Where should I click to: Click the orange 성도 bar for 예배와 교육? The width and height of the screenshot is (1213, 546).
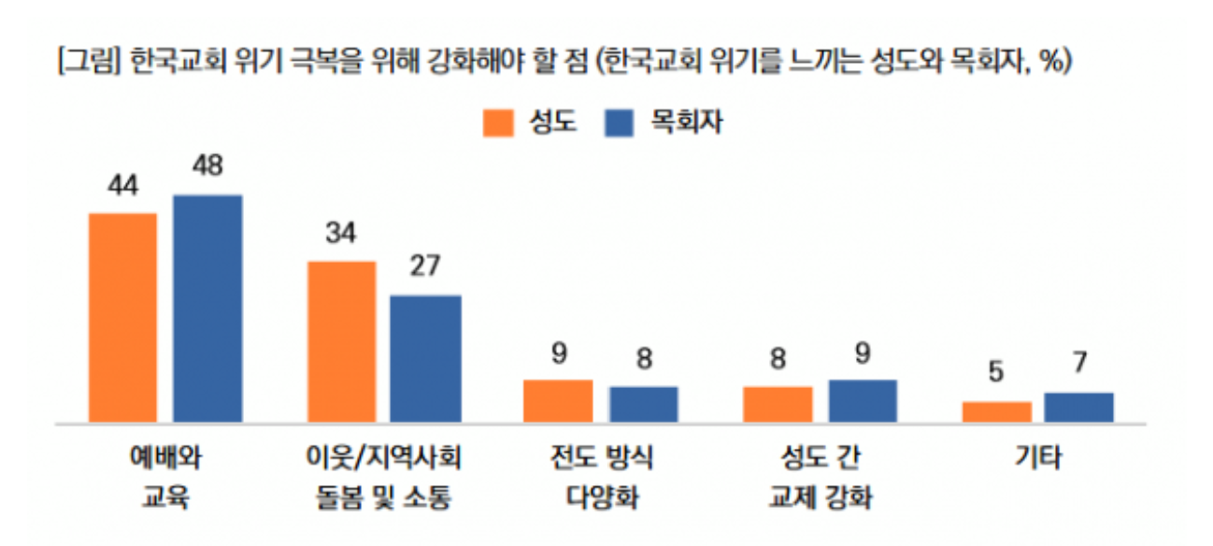122,318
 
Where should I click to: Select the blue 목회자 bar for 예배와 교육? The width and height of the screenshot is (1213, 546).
207,309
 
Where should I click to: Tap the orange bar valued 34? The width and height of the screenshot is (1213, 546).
342,342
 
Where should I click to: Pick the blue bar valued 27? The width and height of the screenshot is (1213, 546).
425,359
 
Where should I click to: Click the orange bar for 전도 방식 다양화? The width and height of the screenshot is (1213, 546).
558,401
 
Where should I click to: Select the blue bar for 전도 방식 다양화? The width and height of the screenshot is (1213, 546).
643,404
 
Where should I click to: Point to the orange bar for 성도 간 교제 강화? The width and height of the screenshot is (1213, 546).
778,404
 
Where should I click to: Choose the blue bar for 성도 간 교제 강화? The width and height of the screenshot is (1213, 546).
863,401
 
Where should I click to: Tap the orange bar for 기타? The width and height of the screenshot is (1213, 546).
997,412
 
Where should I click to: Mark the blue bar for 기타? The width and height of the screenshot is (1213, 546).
1078,408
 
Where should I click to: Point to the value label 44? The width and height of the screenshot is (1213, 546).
122,186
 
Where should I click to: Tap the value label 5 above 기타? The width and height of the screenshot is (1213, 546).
996,373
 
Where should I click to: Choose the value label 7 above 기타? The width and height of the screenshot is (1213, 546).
1079,364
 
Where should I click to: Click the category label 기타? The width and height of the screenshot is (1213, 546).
1038,458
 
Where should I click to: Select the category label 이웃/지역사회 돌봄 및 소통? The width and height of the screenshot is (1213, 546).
385,477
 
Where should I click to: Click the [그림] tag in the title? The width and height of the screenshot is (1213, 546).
89,63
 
